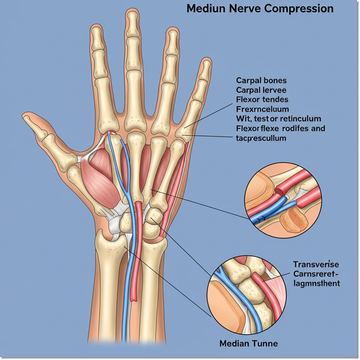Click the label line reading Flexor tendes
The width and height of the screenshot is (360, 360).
coord(262,100)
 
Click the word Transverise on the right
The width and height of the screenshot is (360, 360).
coord(316,264)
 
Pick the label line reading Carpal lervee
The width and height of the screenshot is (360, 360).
coord(261,90)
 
